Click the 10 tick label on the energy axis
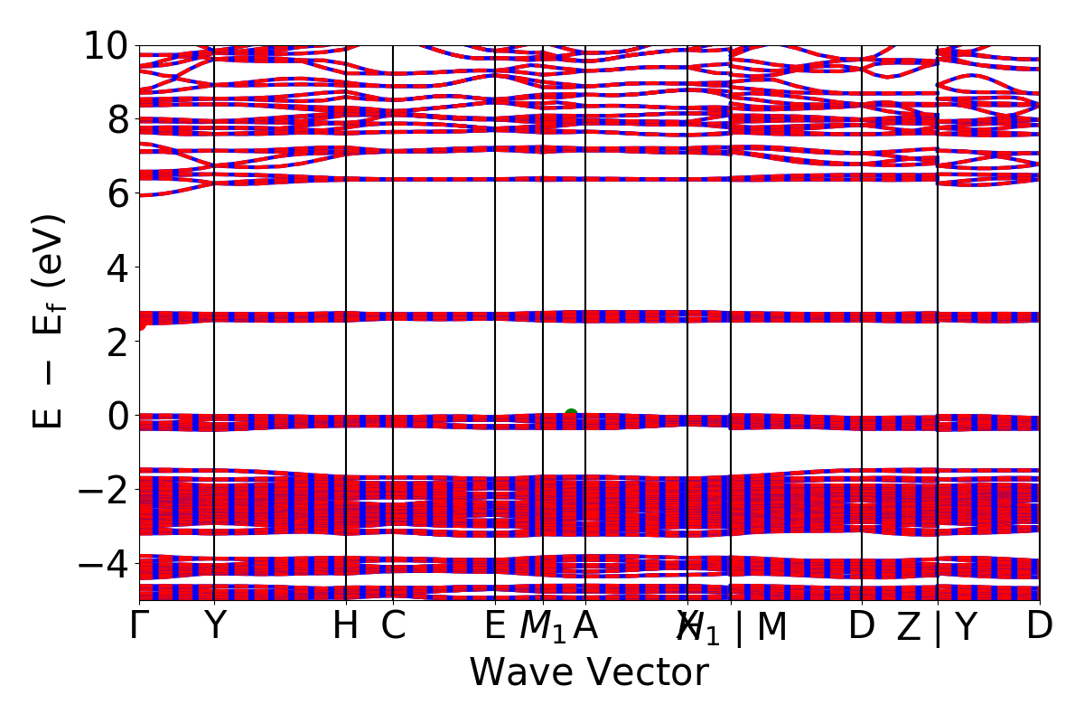(x=106, y=45)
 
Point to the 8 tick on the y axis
(x=117, y=119)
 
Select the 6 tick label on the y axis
(x=117, y=193)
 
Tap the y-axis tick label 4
(x=117, y=268)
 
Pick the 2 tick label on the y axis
(x=117, y=342)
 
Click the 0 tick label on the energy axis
(x=117, y=416)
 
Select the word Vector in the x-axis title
(x=644, y=673)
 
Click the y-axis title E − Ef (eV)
(x=51, y=321)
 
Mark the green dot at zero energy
(x=571, y=415)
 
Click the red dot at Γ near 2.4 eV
(x=140, y=324)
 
